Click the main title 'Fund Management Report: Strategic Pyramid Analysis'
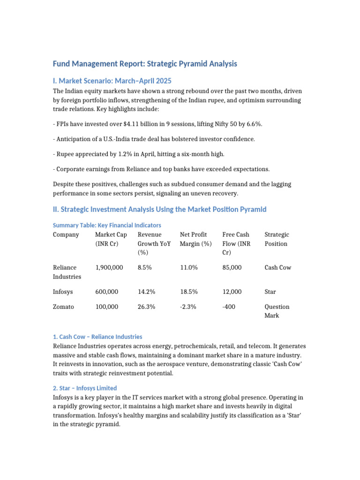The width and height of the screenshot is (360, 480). (145, 64)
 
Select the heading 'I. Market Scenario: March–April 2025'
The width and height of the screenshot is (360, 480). (115, 81)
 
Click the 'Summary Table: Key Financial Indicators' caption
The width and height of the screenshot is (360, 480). (107, 225)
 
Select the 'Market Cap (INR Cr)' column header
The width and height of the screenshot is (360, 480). (111, 239)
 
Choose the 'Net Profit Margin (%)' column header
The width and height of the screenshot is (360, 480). (195, 239)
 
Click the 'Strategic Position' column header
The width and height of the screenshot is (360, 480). (277, 239)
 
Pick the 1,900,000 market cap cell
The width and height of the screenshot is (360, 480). (109, 268)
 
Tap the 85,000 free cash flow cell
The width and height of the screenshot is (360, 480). (232, 268)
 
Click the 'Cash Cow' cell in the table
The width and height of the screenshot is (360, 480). (277, 268)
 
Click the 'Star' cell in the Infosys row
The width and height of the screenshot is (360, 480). (270, 292)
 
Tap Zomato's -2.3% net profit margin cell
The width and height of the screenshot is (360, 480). (187, 307)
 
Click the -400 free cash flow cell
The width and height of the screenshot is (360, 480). (229, 307)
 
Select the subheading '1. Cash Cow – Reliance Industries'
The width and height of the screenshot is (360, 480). (97, 337)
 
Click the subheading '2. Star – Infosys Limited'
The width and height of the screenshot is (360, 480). (85, 388)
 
